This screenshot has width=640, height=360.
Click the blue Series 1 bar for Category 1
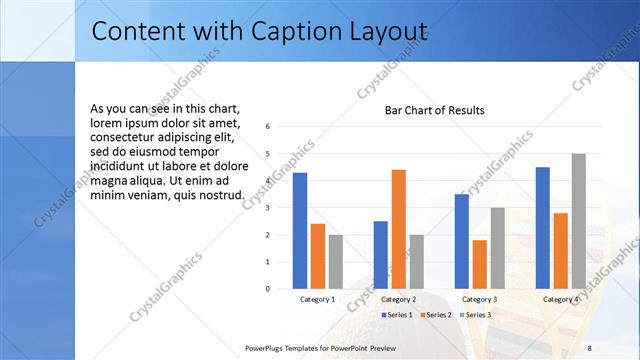coord(300,231)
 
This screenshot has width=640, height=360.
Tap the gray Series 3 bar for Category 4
coord(578,221)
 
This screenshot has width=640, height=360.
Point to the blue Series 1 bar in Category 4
coord(542,228)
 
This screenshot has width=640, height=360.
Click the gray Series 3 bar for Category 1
coord(335,262)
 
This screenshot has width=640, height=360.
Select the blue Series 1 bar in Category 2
coord(381,255)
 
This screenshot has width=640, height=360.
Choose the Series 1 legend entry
coord(399,315)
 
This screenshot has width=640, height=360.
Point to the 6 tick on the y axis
coord(268,127)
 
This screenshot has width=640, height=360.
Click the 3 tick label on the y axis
coord(268,208)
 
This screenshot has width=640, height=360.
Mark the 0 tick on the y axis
coord(268,289)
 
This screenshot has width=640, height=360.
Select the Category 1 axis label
coord(318,299)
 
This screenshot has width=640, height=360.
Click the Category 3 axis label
coord(479,299)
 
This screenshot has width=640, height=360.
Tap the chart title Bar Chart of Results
coord(435,110)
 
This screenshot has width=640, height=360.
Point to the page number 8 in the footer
coord(589,347)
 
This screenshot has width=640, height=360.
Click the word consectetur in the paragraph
coord(125,137)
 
